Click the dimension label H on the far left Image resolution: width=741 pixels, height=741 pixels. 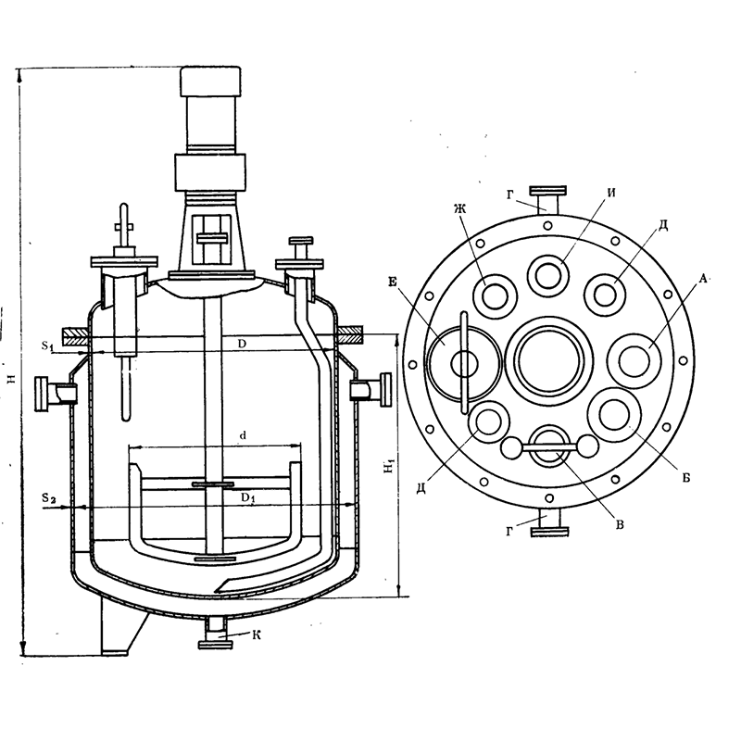pyautogui.click(x=12, y=378)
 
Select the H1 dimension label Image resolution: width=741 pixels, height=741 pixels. pyautogui.click(x=388, y=467)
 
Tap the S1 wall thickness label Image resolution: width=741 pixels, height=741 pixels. pyautogui.click(x=47, y=345)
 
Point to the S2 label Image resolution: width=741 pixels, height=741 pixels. pyautogui.click(x=48, y=497)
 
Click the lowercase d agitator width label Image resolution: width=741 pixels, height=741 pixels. pyautogui.click(x=243, y=435)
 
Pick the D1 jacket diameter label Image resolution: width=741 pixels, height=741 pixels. pyautogui.click(x=248, y=497)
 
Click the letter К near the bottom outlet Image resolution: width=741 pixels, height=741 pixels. pyautogui.click(x=257, y=634)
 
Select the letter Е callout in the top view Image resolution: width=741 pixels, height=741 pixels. pyautogui.click(x=392, y=283)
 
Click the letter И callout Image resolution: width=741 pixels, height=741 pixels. pyautogui.click(x=611, y=194)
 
